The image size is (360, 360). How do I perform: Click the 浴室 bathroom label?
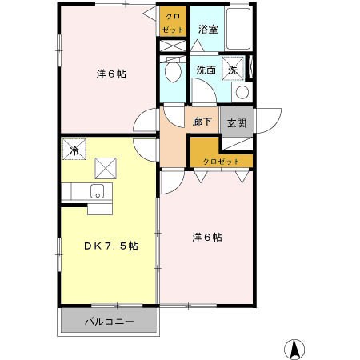coord(206,30)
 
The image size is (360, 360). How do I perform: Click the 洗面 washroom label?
coord(206,70)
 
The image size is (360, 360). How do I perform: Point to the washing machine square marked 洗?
coord(233,69)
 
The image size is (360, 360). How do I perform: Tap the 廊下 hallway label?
coord(202,122)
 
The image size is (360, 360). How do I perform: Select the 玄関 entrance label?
coord(236,123)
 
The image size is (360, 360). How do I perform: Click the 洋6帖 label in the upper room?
coord(111,73)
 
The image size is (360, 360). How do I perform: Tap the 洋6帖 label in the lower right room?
coord(206,238)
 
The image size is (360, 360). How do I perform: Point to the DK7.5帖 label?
coord(111,246)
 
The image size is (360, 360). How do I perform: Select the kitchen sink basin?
coord(96,191)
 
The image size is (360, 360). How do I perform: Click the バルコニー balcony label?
coord(110,322)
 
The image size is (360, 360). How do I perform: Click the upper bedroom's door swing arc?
coord(147,121)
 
